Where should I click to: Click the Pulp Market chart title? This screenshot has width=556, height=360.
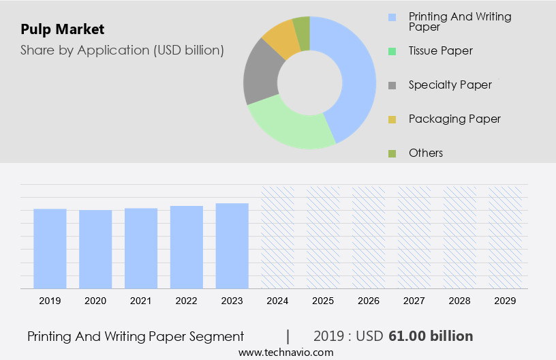tap(63, 29)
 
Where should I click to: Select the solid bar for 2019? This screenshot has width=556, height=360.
tap(50, 248)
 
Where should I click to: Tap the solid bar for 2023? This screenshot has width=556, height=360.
tap(232, 245)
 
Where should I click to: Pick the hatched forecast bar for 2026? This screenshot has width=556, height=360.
tap(369, 237)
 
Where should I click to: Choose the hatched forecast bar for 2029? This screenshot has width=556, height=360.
tap(506, 237)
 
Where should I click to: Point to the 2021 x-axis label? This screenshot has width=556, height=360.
tap(141, 301)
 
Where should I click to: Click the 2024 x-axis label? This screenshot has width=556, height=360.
tap(278, 301)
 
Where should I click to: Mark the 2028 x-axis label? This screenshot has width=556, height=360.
tap(460, 301)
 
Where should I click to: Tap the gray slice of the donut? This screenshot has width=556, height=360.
tap(260, 75)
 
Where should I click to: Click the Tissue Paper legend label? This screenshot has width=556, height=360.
tap(440, 50)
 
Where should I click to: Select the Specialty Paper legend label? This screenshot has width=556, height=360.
tap(450, 85)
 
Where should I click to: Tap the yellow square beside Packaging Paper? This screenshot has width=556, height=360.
tap(392, 119)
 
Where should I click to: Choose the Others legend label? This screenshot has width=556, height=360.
tap(425, 153)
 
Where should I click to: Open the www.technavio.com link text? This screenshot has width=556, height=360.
tap(285, 352)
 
